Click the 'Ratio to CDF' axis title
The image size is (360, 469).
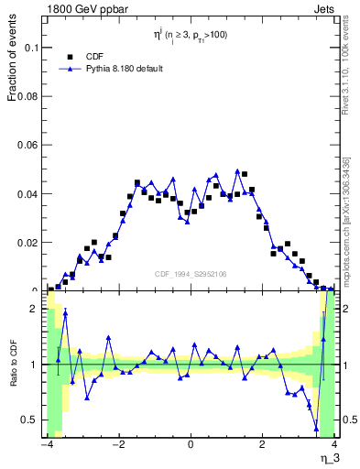12,364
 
